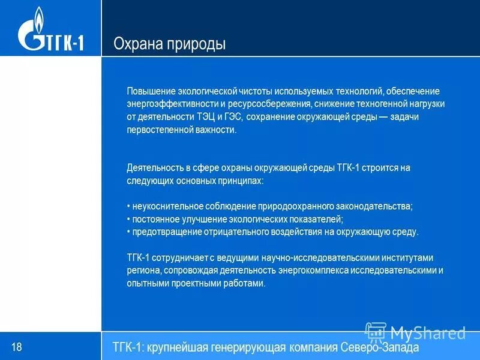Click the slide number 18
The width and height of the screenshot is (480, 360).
16,347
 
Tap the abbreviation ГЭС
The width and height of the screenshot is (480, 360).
233,116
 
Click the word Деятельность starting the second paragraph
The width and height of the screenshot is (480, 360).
154,167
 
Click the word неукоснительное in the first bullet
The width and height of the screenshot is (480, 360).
166,206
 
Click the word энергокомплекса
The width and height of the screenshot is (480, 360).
290,270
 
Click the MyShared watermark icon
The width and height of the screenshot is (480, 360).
376,332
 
